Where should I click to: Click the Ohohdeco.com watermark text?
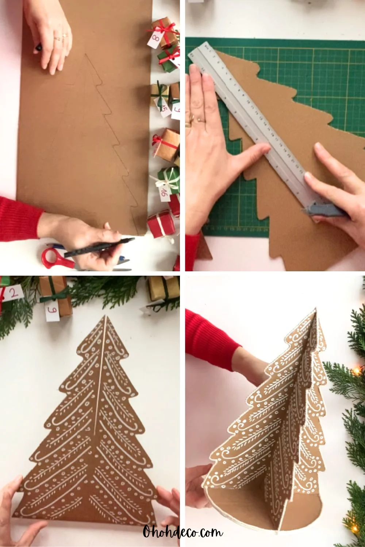coord(182,533)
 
